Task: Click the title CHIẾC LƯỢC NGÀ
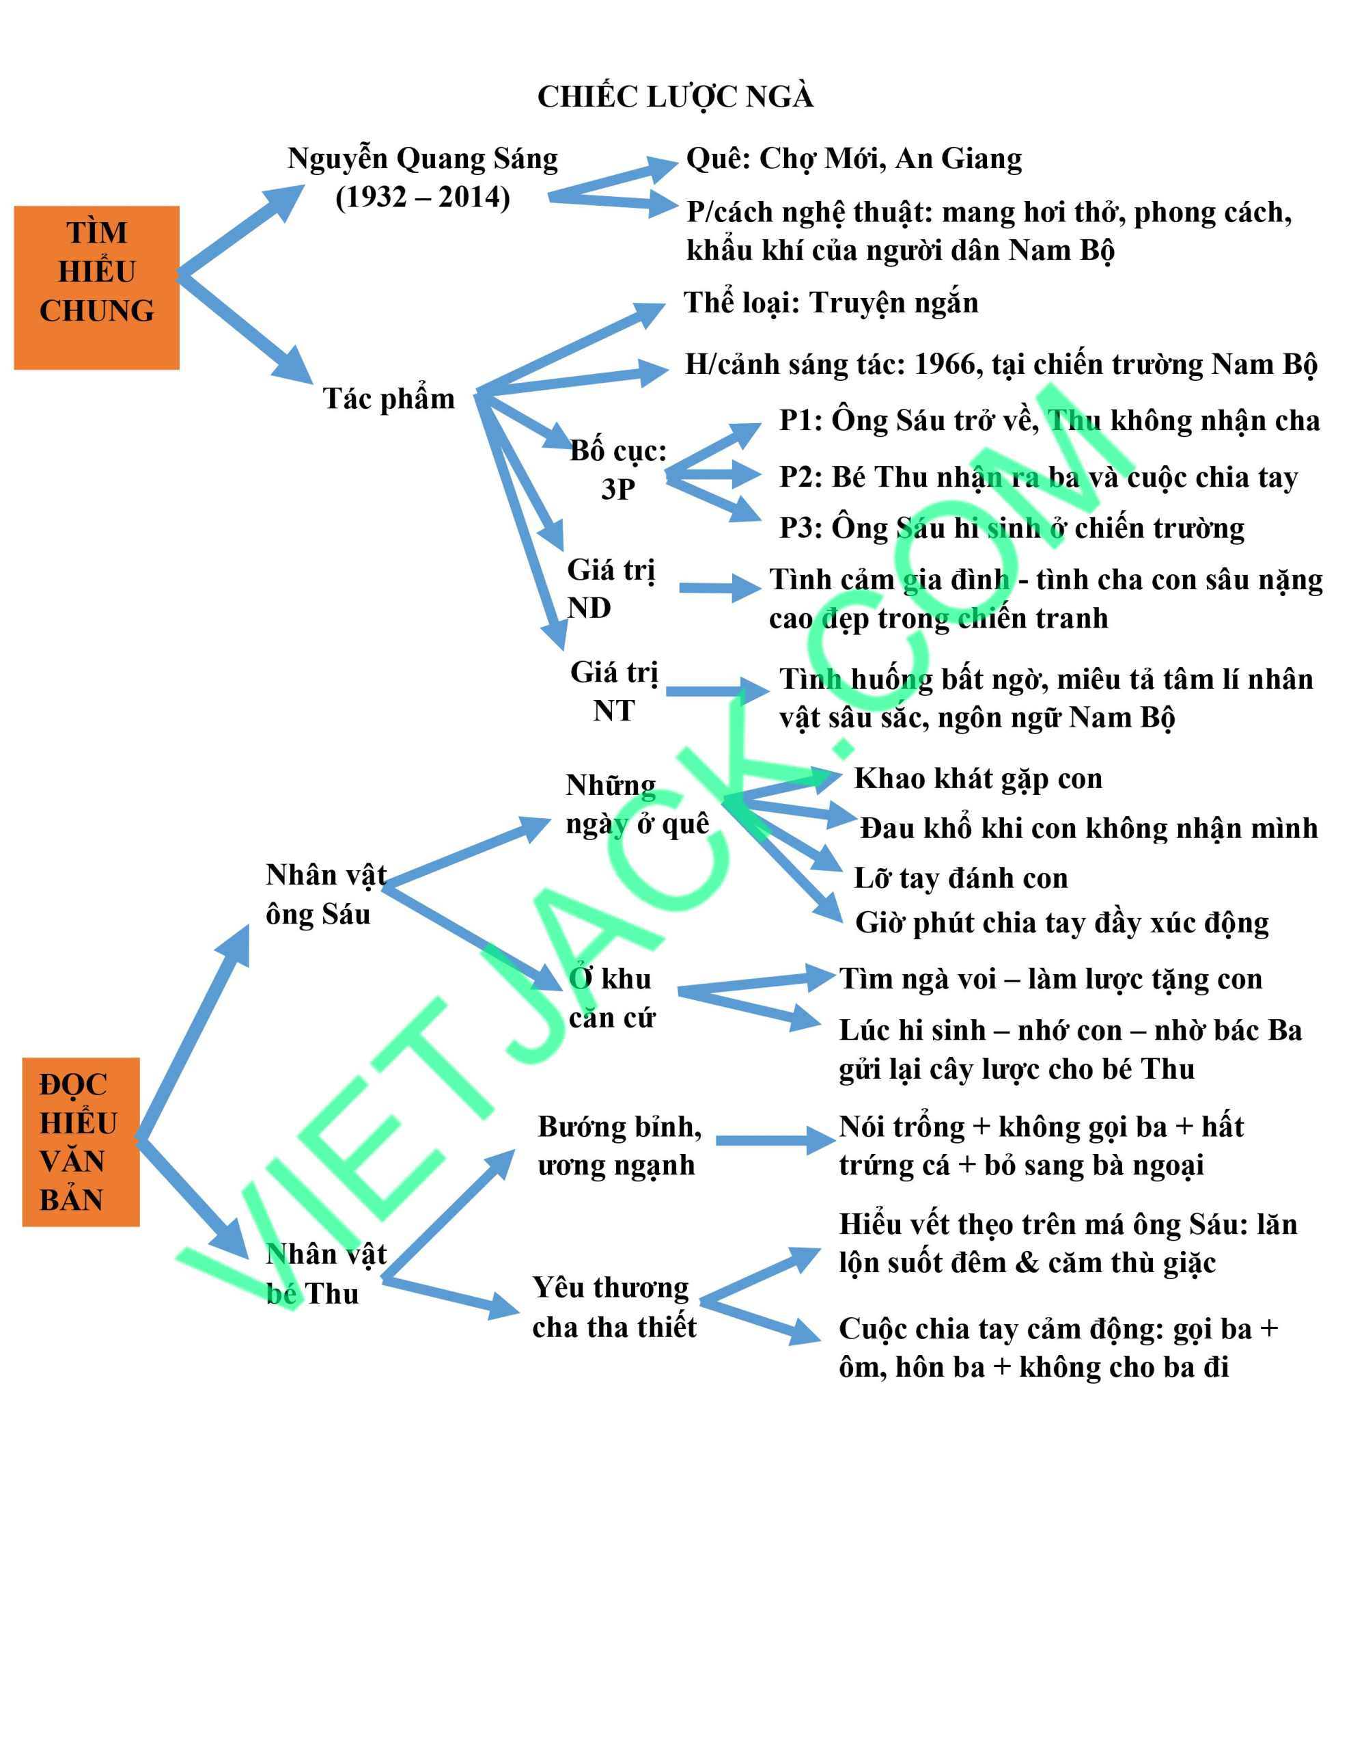pyautogui.click(x=675, y=97)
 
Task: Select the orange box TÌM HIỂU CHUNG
pyautogui.click(x=97, y=288)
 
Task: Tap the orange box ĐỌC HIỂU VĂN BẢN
pyautogui.click(x=81, y=1142)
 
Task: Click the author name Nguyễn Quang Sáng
pyautogui.click(x=423, y=159)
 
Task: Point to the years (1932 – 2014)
pyautogui.click(x=423, y=197)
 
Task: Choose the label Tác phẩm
pyautogui.click(x=389, y=399)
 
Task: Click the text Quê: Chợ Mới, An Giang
pyautogui.click(x=854, y=159)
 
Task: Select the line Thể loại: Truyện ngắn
pyautogui.click(x=831, y=303)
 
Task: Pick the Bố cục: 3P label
pyautogui.click(x=618, y=470)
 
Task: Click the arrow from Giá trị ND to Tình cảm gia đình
pyautogui.click(x=720, y=587)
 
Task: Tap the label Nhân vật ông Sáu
pyautogui.click(x=326, y=894)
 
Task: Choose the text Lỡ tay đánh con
pyautogui.click(x=961, y=878)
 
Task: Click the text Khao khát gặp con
pyautogui.click(x=979, y=778)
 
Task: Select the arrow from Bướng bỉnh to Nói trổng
pyautogui.click(x=775, y=1140)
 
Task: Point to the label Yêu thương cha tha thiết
pyautogui.click(x=614, y=1307)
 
